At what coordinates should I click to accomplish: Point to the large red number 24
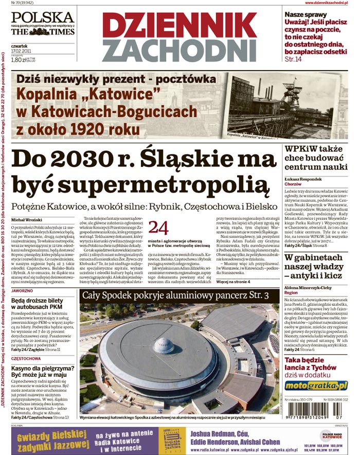158,227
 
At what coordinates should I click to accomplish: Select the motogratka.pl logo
316,386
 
